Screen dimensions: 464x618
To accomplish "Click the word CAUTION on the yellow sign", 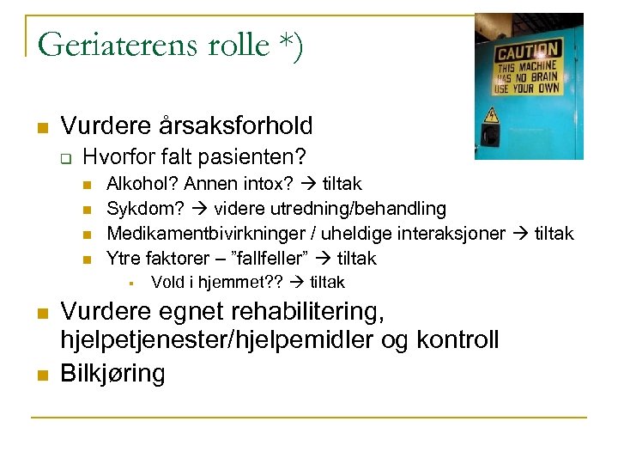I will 527,51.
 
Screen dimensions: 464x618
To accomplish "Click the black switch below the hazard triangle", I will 492,135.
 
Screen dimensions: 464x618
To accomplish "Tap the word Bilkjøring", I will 112,374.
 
